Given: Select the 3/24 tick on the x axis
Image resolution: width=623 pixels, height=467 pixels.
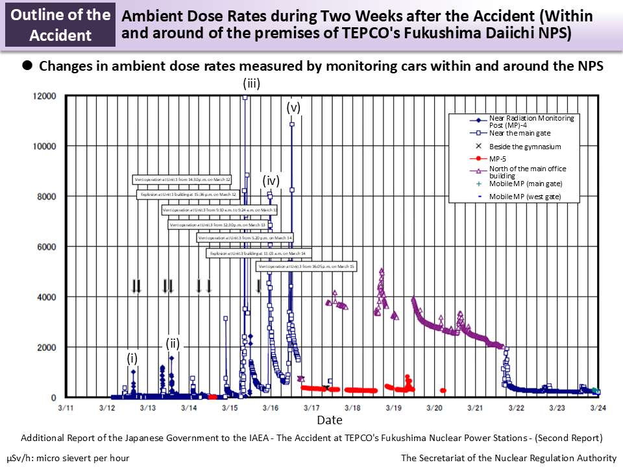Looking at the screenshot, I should (x=598, y=407).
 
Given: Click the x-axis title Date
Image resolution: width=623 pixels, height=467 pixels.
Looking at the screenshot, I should (x=329, y=421).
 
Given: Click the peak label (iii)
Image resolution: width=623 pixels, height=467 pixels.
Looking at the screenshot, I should (x=251, y=83).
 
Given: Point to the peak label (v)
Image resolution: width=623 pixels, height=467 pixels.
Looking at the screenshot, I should (x=293, y=108).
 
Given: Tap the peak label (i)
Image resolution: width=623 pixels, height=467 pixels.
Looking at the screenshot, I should (x=132, y=358).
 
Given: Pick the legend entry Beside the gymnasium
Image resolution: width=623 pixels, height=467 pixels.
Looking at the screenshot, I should (x=524, y=147).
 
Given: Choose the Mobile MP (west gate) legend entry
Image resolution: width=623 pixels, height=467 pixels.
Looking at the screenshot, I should (x=524, y=196).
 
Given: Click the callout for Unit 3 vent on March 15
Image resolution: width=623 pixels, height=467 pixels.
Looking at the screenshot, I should (x=306, y=267).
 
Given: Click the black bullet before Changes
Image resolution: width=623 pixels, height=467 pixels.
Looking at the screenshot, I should (x=28, y=66).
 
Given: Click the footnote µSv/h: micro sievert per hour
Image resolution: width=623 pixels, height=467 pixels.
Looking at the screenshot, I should (x=68, y=458).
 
